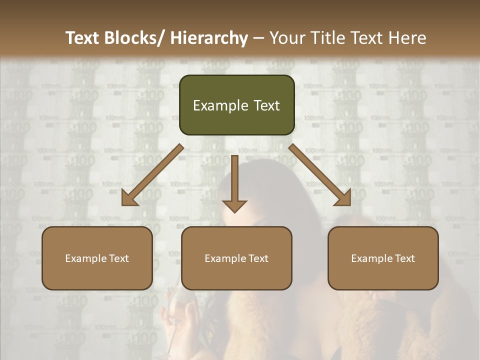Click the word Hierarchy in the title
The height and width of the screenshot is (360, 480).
(x=209, y=38)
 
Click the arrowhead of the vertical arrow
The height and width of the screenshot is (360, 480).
(x=234, y=206)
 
